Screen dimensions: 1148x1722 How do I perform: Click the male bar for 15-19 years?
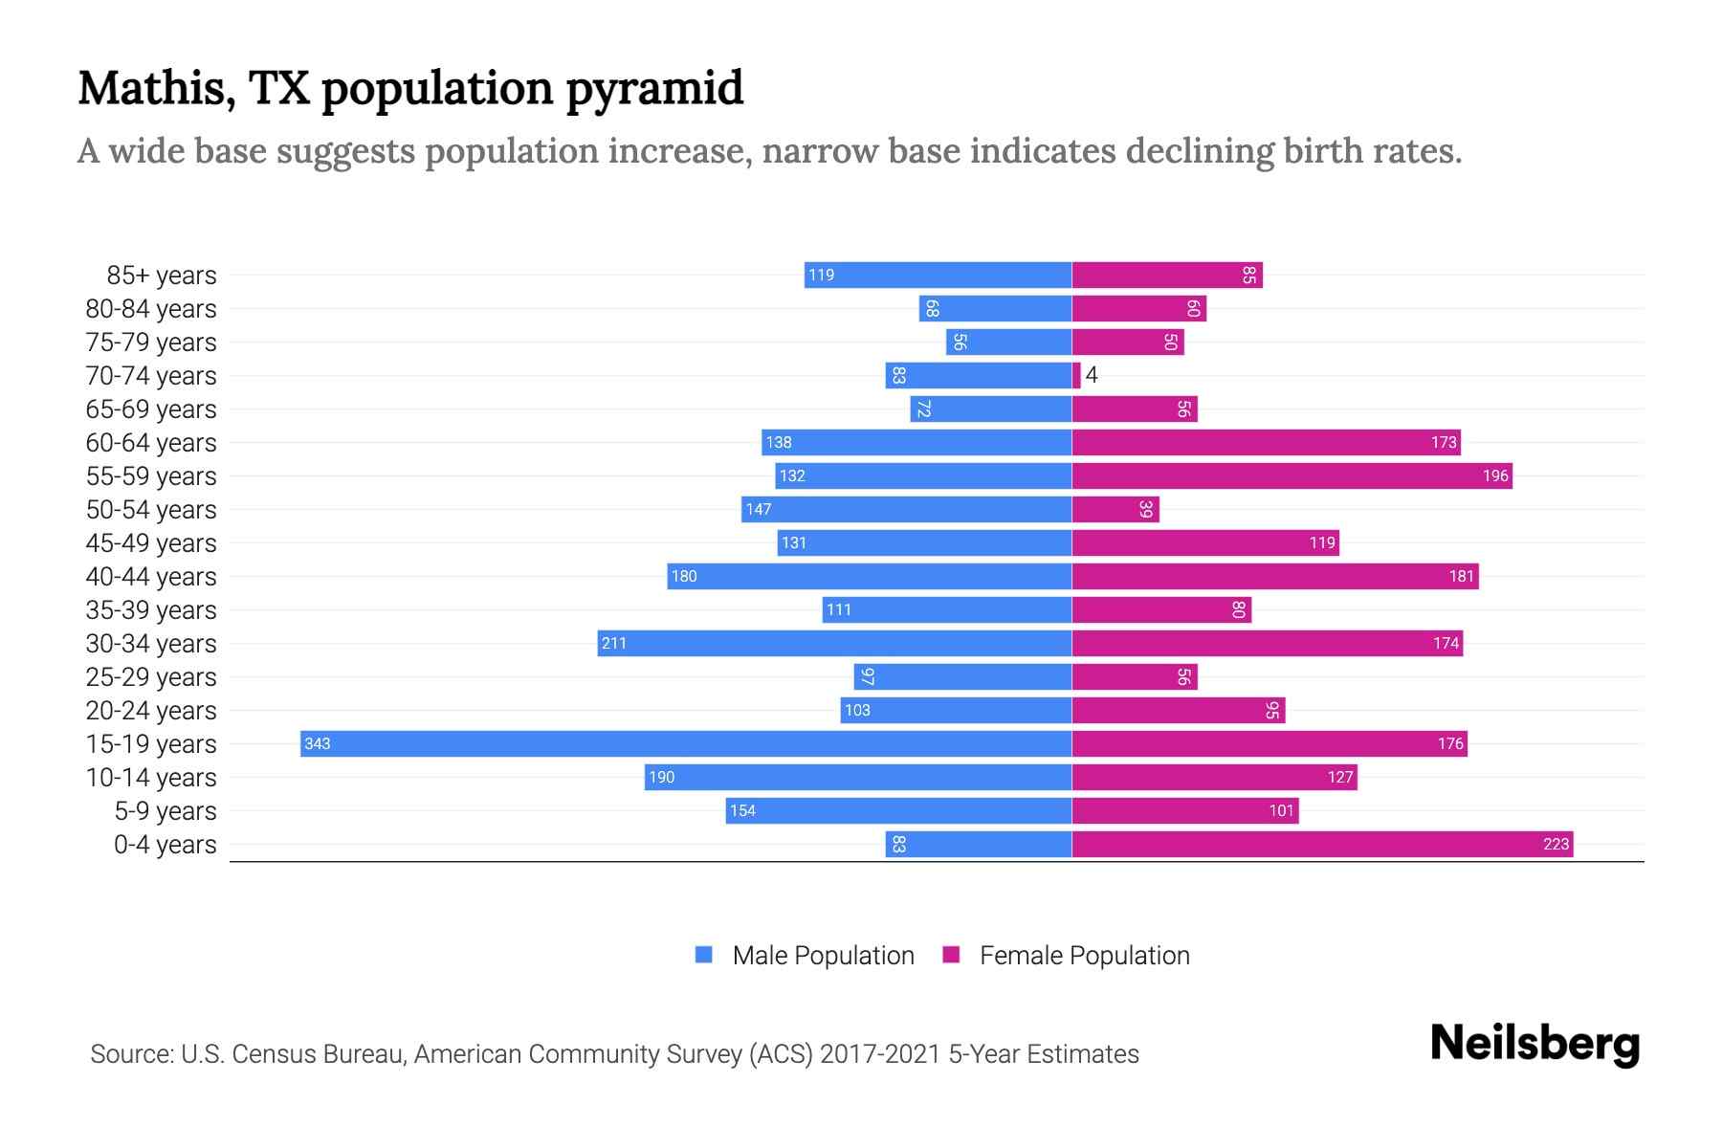click(x=685, y=743)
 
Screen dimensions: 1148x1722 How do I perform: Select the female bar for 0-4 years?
click(x=1322, y=844)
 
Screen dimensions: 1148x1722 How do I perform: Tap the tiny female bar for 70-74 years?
click(x=1076, y=375)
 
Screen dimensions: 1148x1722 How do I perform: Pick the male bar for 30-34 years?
click(x=834, y=643)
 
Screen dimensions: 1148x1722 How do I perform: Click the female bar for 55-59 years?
click(x=1291, y=475)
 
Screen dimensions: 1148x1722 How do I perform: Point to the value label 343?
click(x=317, y=744)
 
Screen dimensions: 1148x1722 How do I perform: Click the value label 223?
click(x=1556, y=844)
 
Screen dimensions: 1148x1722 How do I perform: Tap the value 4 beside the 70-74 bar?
click(x=1092, y=375)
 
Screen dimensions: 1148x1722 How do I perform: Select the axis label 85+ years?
click(x=161, y=276)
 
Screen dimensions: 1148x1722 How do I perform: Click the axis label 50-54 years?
click(x=151, y=510)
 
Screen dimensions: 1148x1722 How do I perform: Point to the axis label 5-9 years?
click(x=165, y=811)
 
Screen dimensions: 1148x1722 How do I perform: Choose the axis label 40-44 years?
click(x=151, y=577)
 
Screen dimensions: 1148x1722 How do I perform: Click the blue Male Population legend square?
click(x=704, y=955)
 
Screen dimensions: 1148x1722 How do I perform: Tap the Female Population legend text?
click(x=1084, y=956)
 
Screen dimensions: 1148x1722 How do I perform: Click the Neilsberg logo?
click(x=1534, y=1044)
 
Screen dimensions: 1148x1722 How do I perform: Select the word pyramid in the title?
click(x=654, y=89)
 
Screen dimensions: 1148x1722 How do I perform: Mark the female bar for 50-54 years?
click(x=1115, y=509)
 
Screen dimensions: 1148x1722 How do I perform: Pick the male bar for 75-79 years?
click(x=1008, y=342)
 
